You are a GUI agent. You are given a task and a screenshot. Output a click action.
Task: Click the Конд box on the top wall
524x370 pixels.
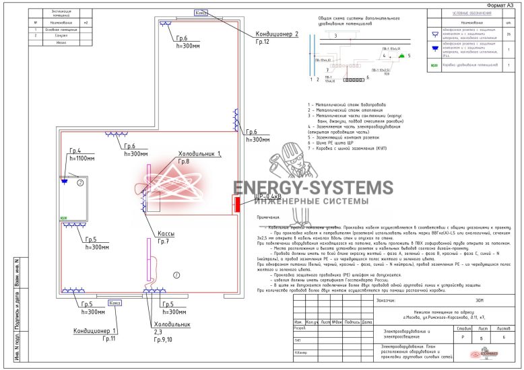point(201,13)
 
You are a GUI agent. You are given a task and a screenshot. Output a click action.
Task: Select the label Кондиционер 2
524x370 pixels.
point(276,34)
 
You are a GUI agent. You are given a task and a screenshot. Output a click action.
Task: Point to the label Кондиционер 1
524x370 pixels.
point(95,331)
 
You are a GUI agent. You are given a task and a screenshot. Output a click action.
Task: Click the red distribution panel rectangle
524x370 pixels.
point(237,203)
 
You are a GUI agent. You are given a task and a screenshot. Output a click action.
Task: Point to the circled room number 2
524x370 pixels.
point(79,182)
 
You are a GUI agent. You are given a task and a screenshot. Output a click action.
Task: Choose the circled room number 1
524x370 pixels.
point(176,274)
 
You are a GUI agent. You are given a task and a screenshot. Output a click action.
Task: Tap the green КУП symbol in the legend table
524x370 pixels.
point(434,66)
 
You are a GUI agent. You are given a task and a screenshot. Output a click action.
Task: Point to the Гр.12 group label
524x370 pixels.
point(262,42)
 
